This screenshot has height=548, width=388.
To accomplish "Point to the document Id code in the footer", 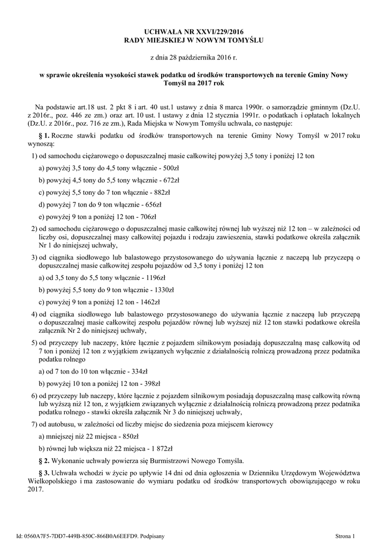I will pyautogui.click(x=86, y=535).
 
